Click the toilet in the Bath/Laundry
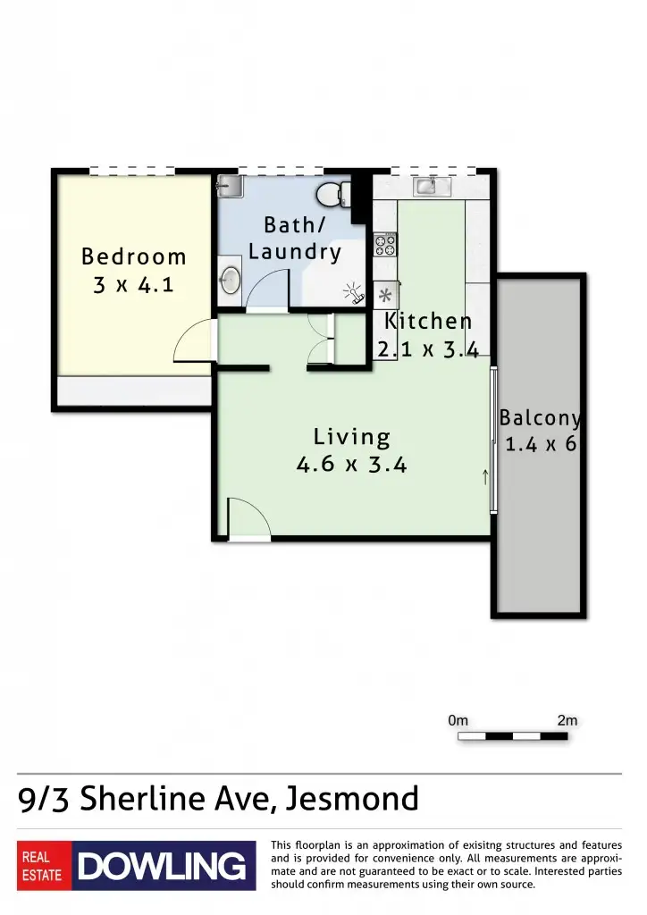click(x=332, y=194)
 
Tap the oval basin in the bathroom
click(x=230, y=281)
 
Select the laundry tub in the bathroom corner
click(x=229, y=186)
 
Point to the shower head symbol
click(x=354, y=293)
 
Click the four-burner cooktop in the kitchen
click(x=384, y=244)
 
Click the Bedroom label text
click(x=134, y=257)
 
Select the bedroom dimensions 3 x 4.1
click(x=134, y=287)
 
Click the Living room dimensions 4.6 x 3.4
click(x=352, y=465)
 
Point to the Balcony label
click(x=541, y=417)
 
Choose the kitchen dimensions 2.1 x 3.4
click(x=429, y=349)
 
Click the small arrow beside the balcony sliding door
click(x=485, y=476)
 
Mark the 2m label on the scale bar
click(x=567, y=720)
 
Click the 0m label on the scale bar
click(x=458, y=720)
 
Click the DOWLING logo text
click(x=162, y=866)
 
